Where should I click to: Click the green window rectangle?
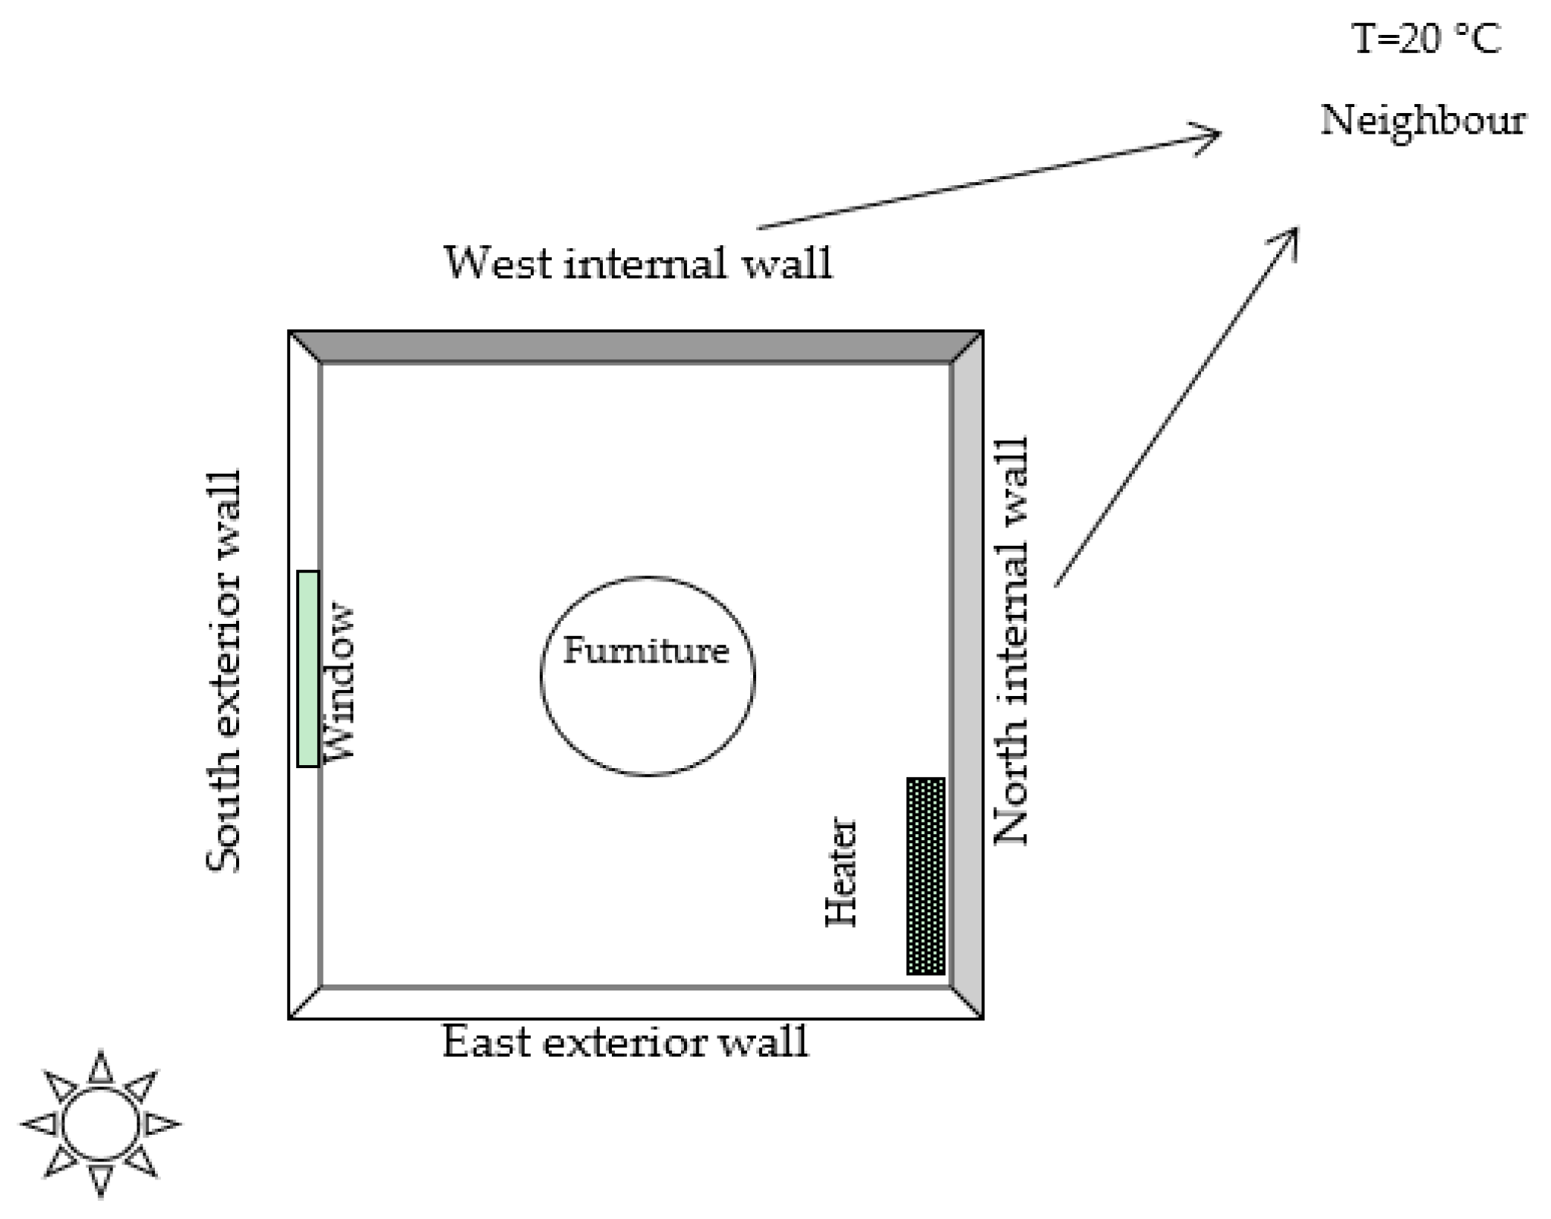(307, 669)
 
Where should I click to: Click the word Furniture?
(646, 651)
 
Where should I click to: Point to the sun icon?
(100, 1123)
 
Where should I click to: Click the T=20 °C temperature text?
(1426, 39)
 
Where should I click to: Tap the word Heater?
(841, 871)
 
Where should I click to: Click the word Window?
(339, 681)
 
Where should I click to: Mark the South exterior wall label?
(225, 671)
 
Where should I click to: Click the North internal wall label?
(1012, 641)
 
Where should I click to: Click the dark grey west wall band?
(635, 347)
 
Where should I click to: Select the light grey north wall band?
(966, 676)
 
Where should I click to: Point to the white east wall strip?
(635, 1003)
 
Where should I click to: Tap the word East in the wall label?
(486, 1041)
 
